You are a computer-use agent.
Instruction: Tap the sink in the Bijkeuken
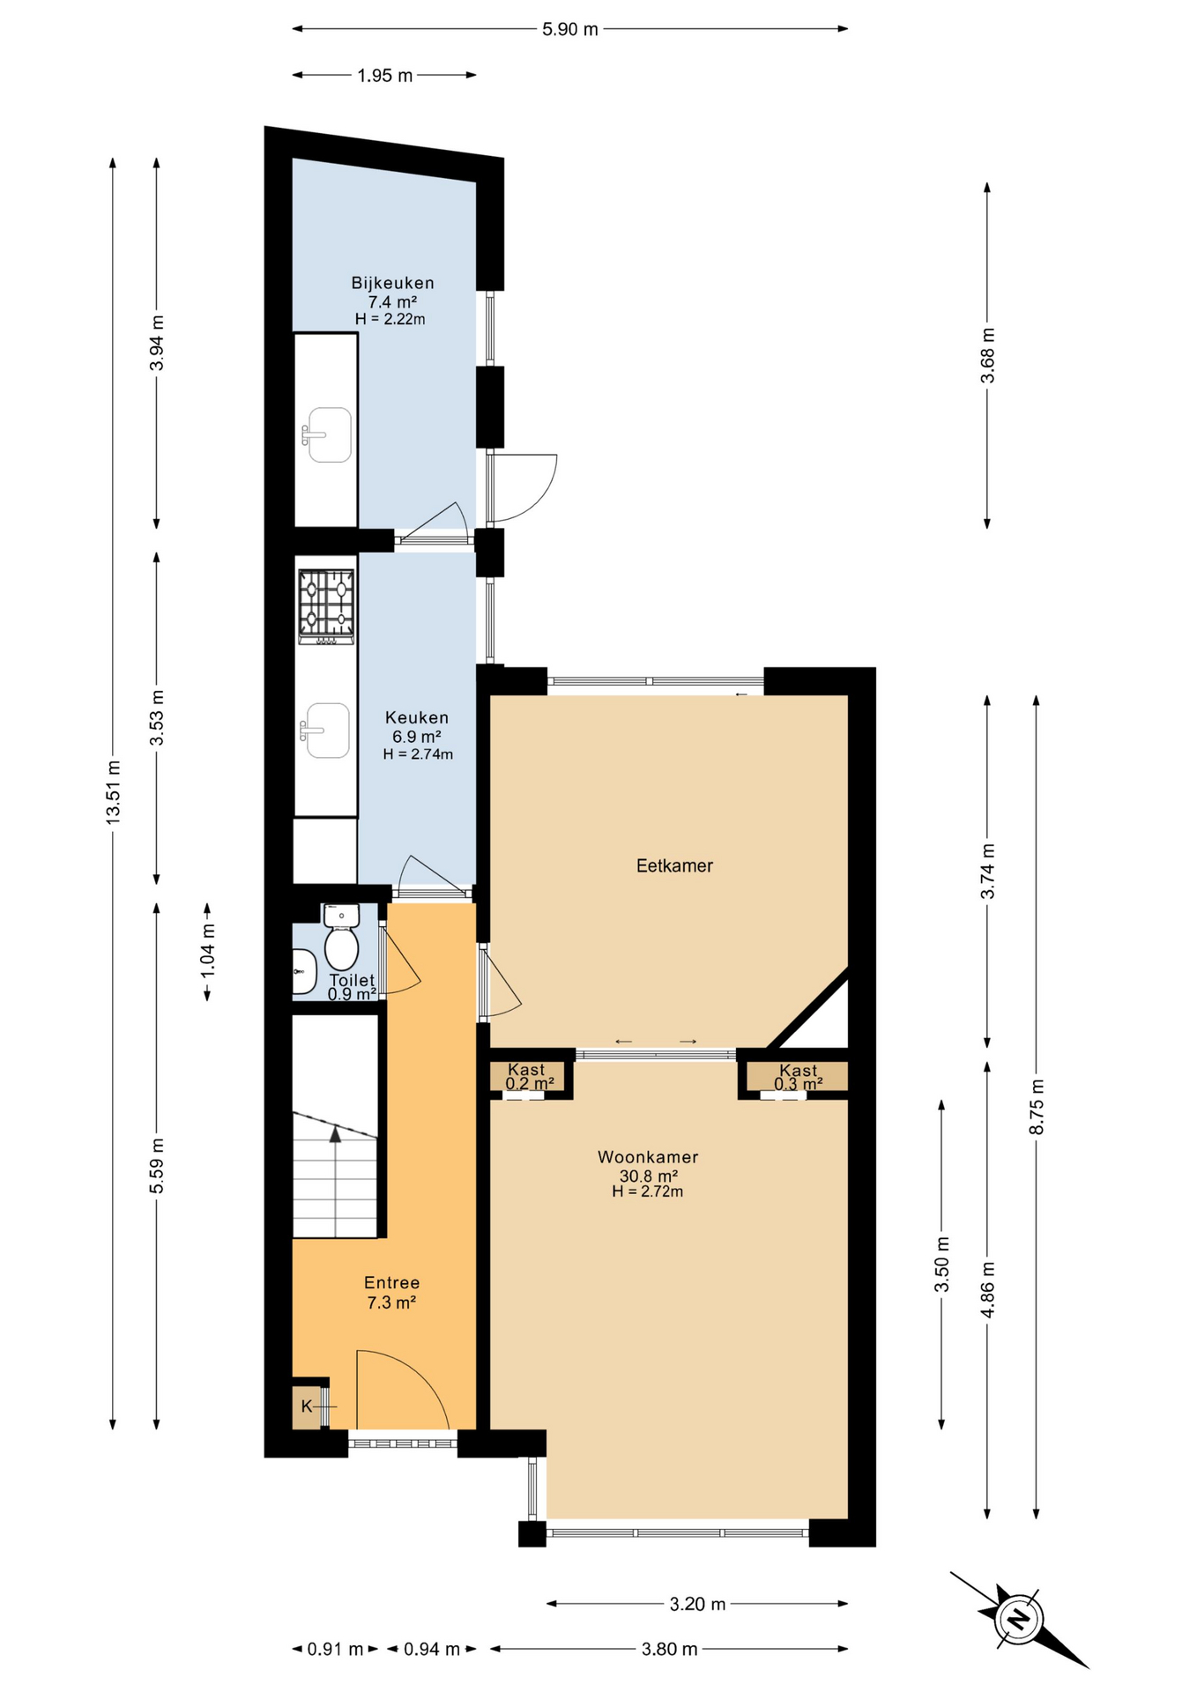(328, 434)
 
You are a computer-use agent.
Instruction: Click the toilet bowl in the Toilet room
(341, 949)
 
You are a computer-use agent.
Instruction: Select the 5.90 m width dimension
(569, 29)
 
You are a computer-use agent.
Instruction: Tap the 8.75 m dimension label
(1036, 1106)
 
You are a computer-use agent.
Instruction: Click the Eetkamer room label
(674, 865)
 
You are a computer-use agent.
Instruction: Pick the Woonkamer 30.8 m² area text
(648, 1176)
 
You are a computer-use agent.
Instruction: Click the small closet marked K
(307, 1406)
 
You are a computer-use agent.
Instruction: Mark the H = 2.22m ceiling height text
(390, 319)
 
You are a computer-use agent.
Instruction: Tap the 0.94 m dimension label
(432, 1648)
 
